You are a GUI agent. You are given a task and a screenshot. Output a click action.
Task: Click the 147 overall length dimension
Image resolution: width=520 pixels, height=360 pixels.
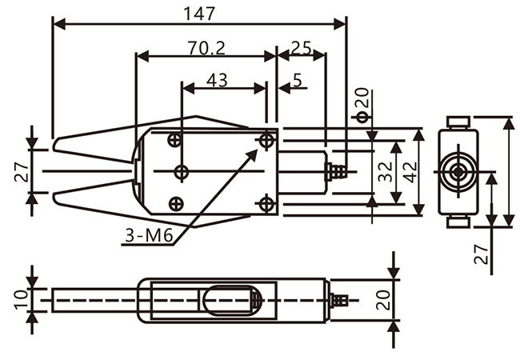click(199, 14)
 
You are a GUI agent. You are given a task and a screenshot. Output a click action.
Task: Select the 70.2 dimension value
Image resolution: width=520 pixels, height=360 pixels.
click(206, 48)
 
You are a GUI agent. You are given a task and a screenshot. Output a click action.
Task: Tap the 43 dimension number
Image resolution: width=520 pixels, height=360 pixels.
click(217, 80)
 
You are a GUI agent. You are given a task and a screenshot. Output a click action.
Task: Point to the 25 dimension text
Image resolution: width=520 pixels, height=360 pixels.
click(302, 48)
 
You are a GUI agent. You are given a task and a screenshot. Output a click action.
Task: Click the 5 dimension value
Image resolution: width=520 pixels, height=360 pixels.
click(298, 80)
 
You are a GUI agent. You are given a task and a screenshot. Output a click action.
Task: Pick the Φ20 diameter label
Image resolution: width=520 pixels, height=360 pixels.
click(362, 105)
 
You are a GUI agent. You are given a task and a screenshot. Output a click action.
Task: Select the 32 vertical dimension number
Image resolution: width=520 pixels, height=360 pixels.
click(386, 172)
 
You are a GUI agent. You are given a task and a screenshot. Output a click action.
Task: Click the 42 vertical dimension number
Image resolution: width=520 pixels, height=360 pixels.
click(410, 172)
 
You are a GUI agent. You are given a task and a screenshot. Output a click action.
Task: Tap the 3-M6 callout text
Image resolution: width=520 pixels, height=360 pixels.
click(150, 236)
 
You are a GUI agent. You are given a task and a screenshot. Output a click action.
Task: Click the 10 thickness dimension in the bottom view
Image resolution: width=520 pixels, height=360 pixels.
click(21, 300)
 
